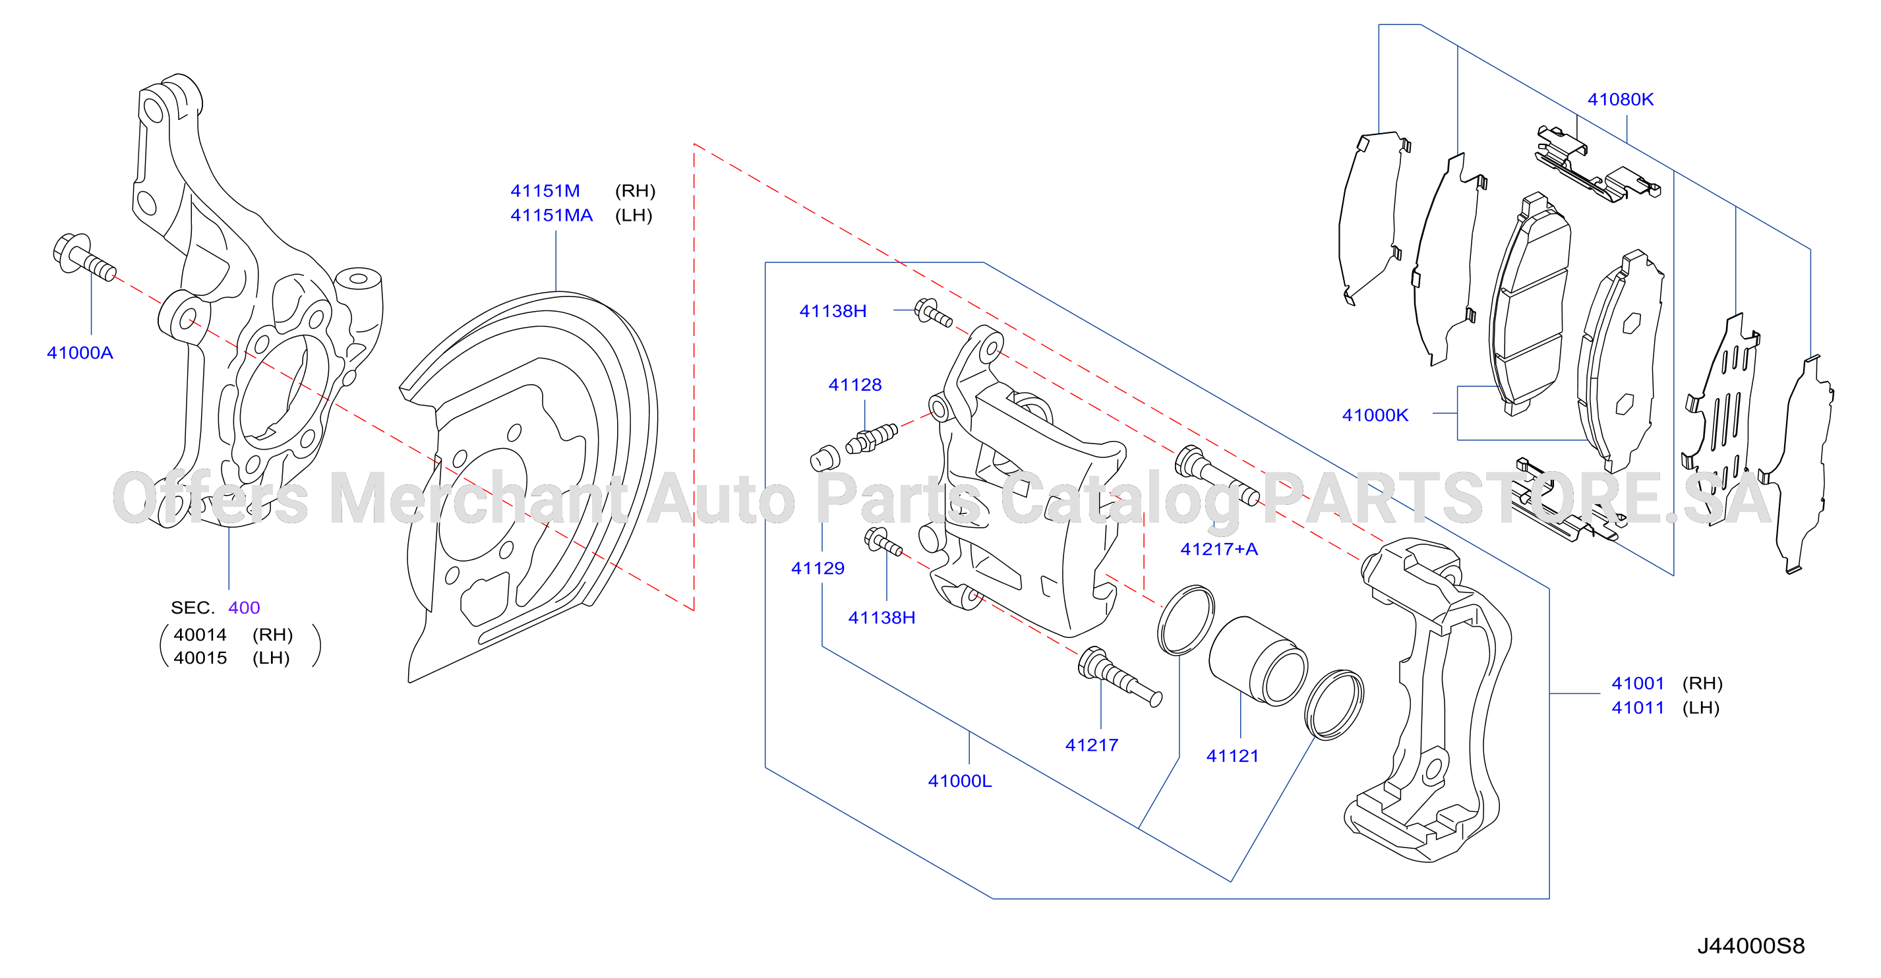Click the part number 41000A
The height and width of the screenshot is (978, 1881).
(x=80, y=353)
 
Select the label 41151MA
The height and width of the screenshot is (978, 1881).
(x=551, y=216)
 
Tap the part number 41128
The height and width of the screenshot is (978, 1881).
(x=854, y=385)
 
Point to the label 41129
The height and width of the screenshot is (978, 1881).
(x=817, y=568)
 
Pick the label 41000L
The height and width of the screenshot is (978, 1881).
(x=959, y=781)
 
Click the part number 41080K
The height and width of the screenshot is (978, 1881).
(x=1621, y=100)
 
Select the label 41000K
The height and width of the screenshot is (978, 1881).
(x=1375, y=415)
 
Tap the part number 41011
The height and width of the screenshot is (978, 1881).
(x=1637, y=707)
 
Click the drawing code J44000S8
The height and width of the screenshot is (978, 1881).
(x=1750, y=946)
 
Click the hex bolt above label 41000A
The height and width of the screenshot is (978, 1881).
(x=84, y=258)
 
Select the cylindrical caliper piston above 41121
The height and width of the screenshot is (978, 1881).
(x=1257, y=661)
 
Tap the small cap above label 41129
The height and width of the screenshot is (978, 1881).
(x=825, y=457)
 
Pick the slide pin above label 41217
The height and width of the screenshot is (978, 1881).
(x=1120, y=677)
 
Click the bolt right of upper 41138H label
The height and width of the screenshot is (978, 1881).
(x=933, y=312)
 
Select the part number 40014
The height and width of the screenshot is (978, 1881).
(x=200, y=634)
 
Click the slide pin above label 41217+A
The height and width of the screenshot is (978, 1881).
(x=1217, y=475)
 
